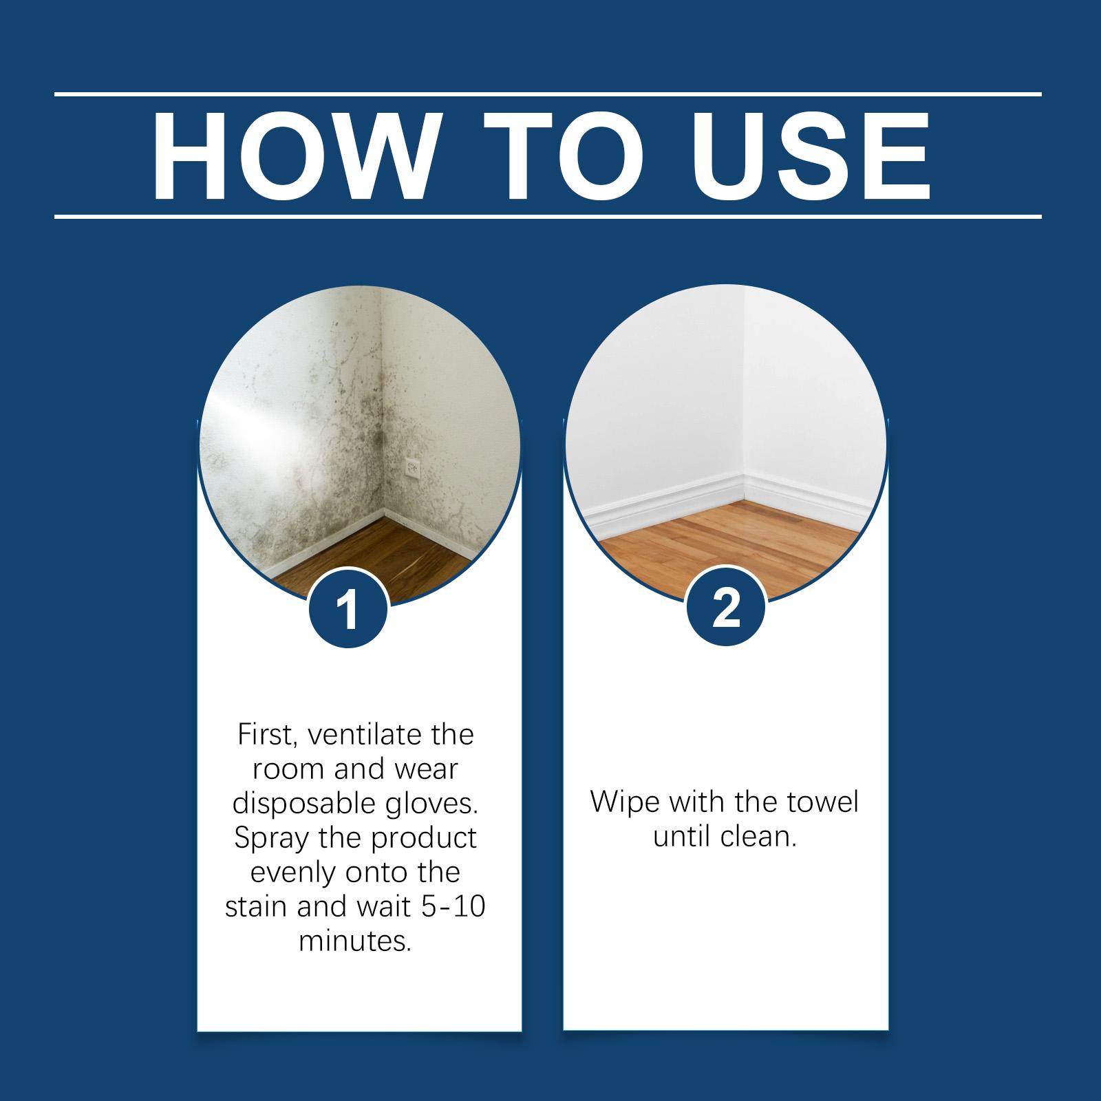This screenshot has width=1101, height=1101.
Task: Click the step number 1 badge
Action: coord(350,608)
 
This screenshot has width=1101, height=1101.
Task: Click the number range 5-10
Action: coord(453,906)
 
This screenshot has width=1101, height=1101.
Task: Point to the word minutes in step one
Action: coord(355,941)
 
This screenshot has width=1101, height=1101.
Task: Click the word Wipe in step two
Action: coord(624,803)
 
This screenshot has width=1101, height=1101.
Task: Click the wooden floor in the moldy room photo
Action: coord(385,557)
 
